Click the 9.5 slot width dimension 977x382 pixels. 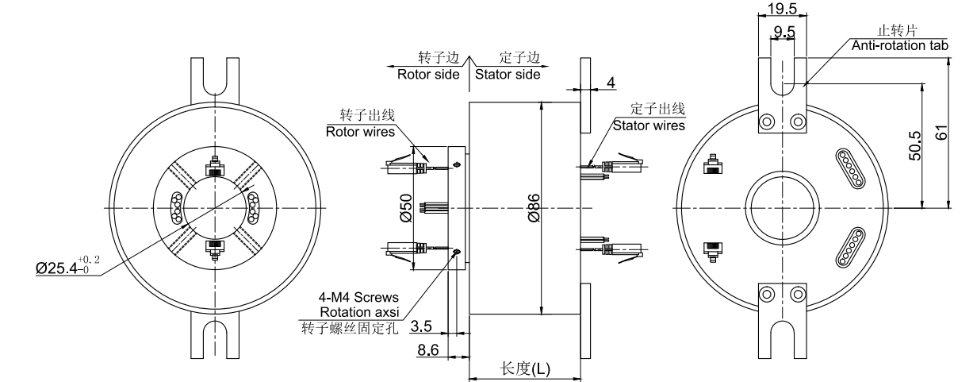pos(784,33)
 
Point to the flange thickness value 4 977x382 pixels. pos(611,82)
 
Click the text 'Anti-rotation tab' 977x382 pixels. pos(899,46)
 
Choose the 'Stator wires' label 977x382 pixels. pos(649,124)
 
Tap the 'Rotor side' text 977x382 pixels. pos(428,74)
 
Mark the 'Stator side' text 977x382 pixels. pos(508,74)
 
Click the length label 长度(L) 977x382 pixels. pos(526,368)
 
